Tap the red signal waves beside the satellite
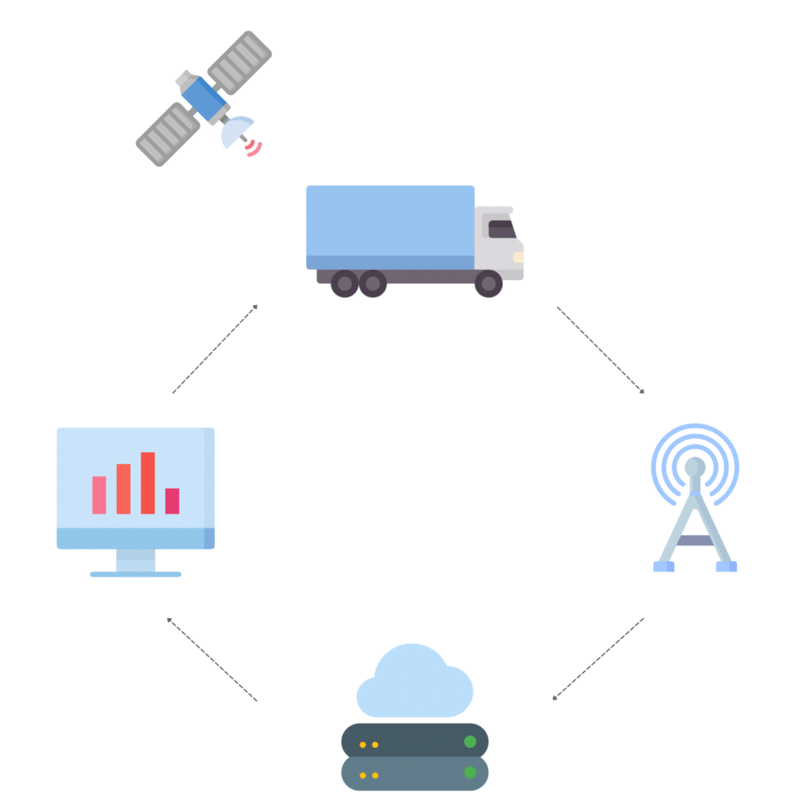[253, 147]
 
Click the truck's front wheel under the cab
[488, 283]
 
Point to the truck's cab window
[502, 229]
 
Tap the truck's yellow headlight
[519, 256]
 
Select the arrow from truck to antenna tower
[600, 350]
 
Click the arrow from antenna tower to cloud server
[598, 659]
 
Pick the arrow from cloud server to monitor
[212, 659]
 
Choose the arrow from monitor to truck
[213, 349]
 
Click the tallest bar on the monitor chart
[148, 483]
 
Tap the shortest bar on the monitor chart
[172, 501]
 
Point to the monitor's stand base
[136, 575]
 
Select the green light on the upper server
[470, 742]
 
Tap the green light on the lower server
[470, 773]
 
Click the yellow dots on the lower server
[369, 775]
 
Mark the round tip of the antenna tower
[694, 467]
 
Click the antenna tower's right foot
[726, 565]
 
